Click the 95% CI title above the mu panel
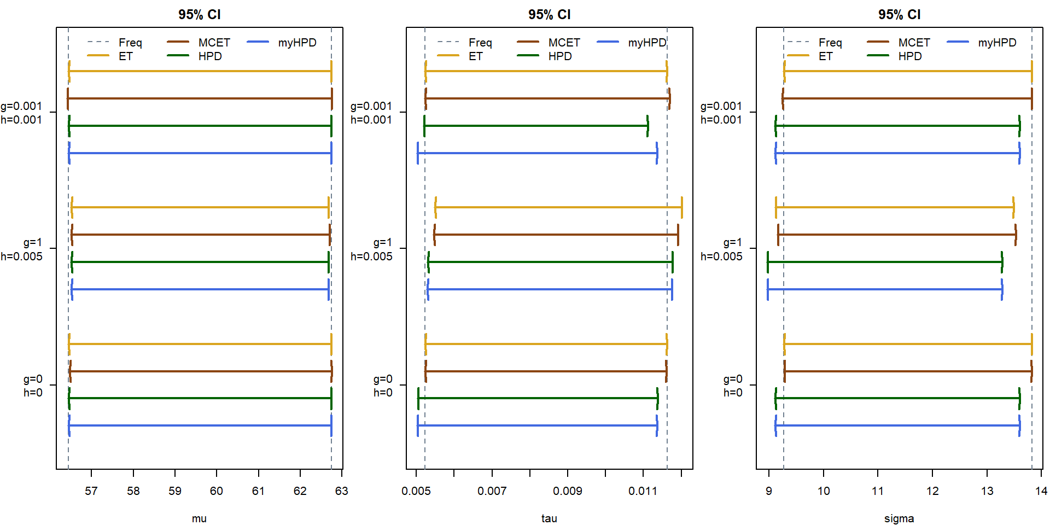click(199, 15)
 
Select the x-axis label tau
click(549, 518)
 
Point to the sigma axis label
click(899, 518)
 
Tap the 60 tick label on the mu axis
click(217, 491)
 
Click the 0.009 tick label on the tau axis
click(568, 491)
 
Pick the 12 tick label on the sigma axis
click(932, 491)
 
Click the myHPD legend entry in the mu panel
click(297, 43)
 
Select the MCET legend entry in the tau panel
click(564, 43)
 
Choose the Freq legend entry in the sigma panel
click(830, 43)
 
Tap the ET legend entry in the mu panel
click(126, 56)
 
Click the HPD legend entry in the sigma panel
click(910, 56)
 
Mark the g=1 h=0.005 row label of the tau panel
click(372, 249)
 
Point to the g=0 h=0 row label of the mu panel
click(33, 386)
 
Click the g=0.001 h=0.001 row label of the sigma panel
click(721, 113)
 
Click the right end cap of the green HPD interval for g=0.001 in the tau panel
click(647, 126)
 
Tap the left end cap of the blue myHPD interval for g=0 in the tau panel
click(418, 425)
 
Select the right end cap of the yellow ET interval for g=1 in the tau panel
click(682, 207)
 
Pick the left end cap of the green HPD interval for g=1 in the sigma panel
click(768, 262)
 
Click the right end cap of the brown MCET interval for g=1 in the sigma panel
click(1016, 235)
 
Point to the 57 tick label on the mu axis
click(91, 491)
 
